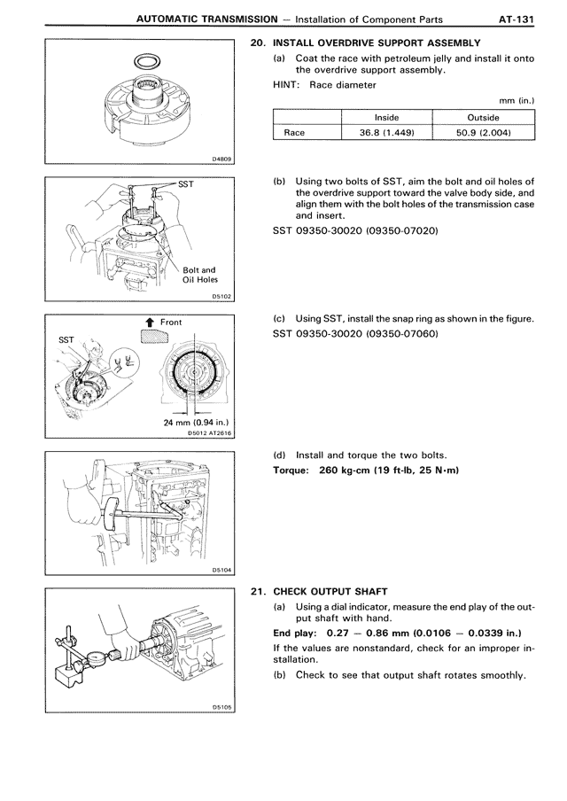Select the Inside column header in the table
tap(386, 117)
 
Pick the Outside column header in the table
tap(483, 117)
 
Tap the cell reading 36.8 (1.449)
tap(386, 133)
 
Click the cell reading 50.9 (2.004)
tap(483, 133)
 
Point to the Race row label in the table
tap(293, 133)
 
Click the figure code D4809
tap(221, 159)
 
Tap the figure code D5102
tap(221, 298)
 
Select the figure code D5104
tap(221, 570)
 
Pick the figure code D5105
tap(221, 707)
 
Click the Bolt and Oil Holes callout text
tap(200, 276)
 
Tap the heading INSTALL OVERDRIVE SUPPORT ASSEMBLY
tap(377, 43)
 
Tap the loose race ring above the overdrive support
tap(144, 61)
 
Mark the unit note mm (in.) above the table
tap(517, 101)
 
